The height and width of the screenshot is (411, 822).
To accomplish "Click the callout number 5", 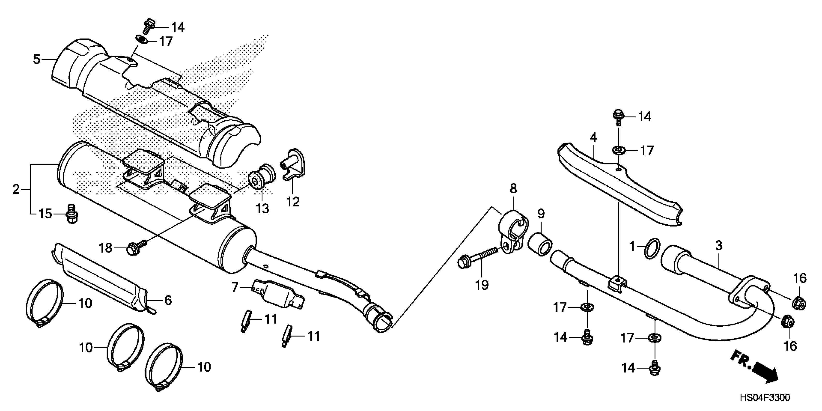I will [37, 59].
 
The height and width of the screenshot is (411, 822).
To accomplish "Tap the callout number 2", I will [16, 190].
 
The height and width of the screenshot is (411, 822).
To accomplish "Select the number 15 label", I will [45, 213].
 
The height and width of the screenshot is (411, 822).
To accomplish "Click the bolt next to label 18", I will [135, 248].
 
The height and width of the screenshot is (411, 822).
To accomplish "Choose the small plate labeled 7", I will [278, 294].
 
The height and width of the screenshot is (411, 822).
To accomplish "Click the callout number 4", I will [593, 138].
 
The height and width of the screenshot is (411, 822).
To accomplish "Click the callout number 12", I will [293, 202].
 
